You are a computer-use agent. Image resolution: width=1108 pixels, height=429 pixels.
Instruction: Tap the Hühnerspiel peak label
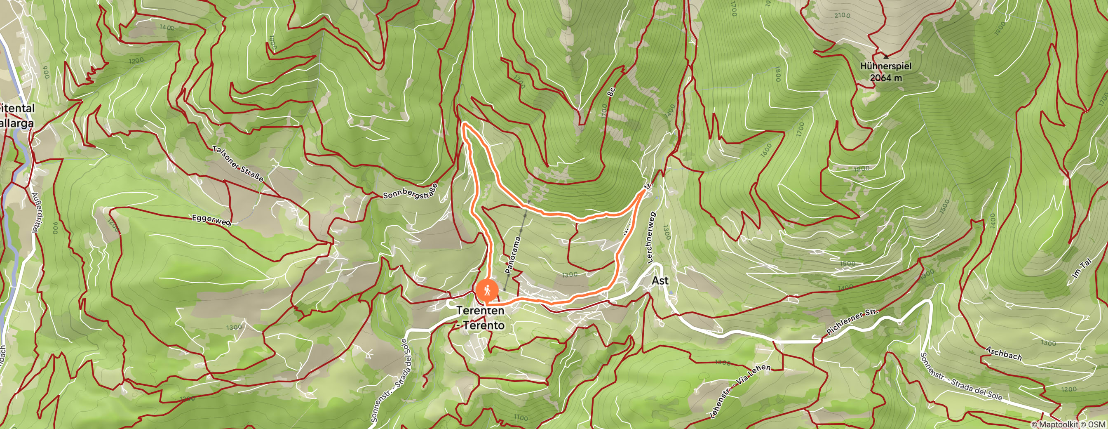(x=886, y=66)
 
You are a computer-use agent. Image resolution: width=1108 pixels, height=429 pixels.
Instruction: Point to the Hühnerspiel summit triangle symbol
(x=886, y=57)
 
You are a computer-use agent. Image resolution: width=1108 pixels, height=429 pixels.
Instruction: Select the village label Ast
(x=660, y=280)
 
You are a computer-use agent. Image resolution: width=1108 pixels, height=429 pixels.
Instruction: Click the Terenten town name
(x=480, y=310)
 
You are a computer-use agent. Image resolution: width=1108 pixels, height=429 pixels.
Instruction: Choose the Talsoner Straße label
(x=238, y=164)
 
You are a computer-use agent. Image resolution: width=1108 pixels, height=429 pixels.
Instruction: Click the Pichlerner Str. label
(x=852, y=322)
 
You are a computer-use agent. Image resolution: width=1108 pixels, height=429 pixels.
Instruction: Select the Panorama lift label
(x=513, y=255)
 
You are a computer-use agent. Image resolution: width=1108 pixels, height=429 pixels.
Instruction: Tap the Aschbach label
(x=1003, y=353)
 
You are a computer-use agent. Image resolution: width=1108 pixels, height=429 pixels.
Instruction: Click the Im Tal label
(x=1081, y=268)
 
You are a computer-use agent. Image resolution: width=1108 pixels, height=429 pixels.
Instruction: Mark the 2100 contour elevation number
(x=842, y=16)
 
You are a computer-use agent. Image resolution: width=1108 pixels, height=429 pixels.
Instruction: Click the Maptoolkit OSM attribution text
(x=1068, y=425)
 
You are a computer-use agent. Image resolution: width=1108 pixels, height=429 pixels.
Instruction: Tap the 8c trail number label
(x=611, y=92)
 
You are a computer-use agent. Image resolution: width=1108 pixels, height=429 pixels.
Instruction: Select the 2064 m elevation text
(x=886, y=78)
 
